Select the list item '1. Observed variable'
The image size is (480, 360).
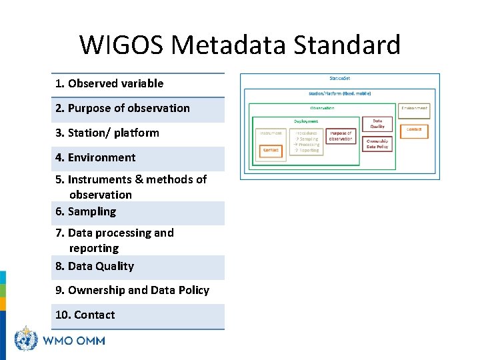pos(109,83)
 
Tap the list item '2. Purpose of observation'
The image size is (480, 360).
pos(122,108)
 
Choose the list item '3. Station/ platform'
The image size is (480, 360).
pos(107,133)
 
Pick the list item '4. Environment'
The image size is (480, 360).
pos(95,157)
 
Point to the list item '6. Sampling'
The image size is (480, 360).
pos(85,211)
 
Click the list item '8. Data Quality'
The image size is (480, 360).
pos(94,266)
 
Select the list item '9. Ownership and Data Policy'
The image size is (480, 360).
pos(132,290)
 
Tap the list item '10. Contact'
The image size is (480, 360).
pos(85,315)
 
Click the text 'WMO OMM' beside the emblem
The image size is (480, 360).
pos(73,341)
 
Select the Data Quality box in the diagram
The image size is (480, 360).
pos(377,123)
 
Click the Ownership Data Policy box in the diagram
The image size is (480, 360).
pos(377,143)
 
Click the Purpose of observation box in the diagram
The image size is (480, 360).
pos(341,136)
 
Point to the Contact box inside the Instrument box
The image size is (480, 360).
pos(271,151)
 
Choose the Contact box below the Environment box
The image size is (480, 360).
pos(414,129)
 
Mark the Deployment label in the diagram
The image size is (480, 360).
pos(306,121)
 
